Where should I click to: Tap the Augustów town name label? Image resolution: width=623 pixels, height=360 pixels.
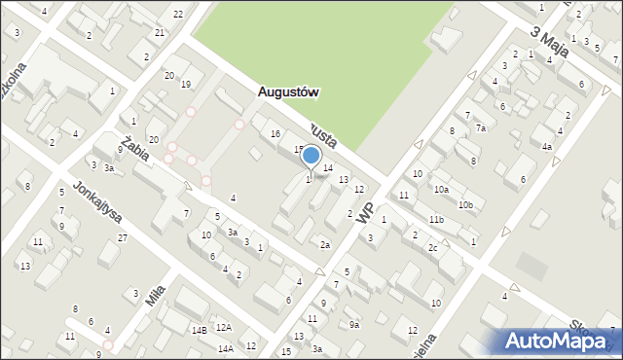tap(289, 92)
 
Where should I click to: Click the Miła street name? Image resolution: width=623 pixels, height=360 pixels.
tap(155, 295)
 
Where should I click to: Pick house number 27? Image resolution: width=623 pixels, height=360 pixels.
tap(122, 237)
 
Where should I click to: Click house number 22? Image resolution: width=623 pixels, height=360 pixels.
tap(178, 14)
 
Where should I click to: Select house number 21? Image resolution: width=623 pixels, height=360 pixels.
tap(160, 32)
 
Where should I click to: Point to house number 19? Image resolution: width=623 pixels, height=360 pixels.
tap(186, 84)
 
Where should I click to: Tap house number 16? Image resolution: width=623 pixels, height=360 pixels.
tap(275, 133)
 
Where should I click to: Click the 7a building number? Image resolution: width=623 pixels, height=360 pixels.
tap(480, 128)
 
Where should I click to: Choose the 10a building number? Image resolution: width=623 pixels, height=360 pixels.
tap(441, 190)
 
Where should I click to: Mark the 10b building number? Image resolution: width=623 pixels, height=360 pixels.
tap(466, 205)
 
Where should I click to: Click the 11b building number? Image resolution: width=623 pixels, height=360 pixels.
tap(436, 220)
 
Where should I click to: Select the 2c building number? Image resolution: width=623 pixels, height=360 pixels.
tap(432, 247)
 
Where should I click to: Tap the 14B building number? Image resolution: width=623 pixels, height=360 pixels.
tap(199, 331)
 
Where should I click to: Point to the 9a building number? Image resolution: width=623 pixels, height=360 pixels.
tap(354, 324)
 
